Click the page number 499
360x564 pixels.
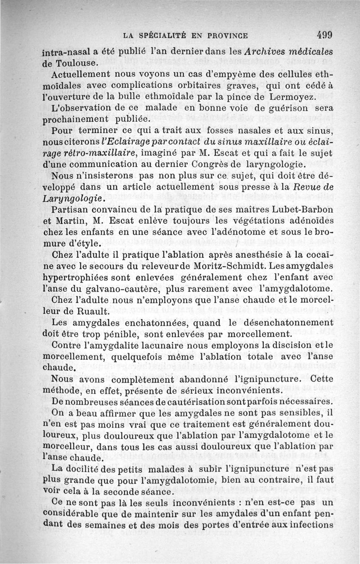click(x=324, y=35)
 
